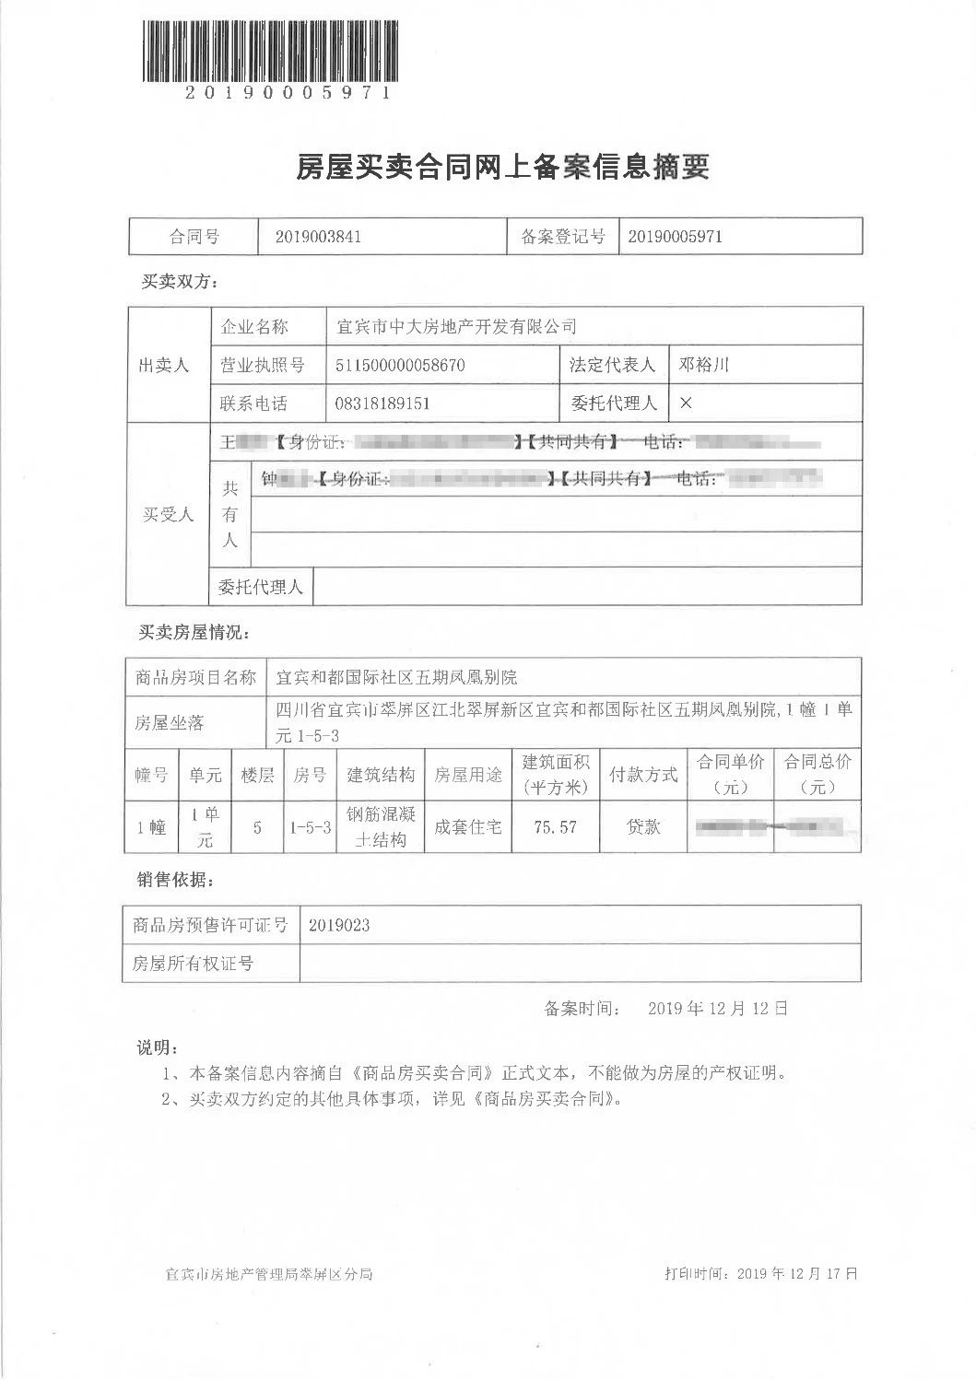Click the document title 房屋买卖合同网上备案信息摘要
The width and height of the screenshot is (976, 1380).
(x=501, y=168)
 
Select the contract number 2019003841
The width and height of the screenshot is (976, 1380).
(x=318, y=237)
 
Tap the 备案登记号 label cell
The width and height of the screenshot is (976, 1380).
(x=562, y=237)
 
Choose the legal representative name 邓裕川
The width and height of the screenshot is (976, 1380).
(x=704, y=365)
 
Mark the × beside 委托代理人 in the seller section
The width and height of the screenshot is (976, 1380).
(x=685, y=403)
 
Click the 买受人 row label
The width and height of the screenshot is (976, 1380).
(x=168, y=514)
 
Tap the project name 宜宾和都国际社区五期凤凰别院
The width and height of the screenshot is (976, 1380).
(x=397, y=677)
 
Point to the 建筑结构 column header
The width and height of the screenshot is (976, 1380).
(x=381, y=775)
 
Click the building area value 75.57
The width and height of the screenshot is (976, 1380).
(x=555, y=827)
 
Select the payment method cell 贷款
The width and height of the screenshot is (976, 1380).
(x=643, y=827)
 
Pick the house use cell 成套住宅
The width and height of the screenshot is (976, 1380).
(x=468, y=827)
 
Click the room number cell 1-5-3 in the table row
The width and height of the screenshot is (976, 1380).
(x=310, y=827)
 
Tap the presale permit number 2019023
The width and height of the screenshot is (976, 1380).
(x=339, y=926)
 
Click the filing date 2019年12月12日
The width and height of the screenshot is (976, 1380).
(x=718, y=1009)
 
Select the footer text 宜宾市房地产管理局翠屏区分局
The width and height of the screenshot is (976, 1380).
(x=269, y=1275)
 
